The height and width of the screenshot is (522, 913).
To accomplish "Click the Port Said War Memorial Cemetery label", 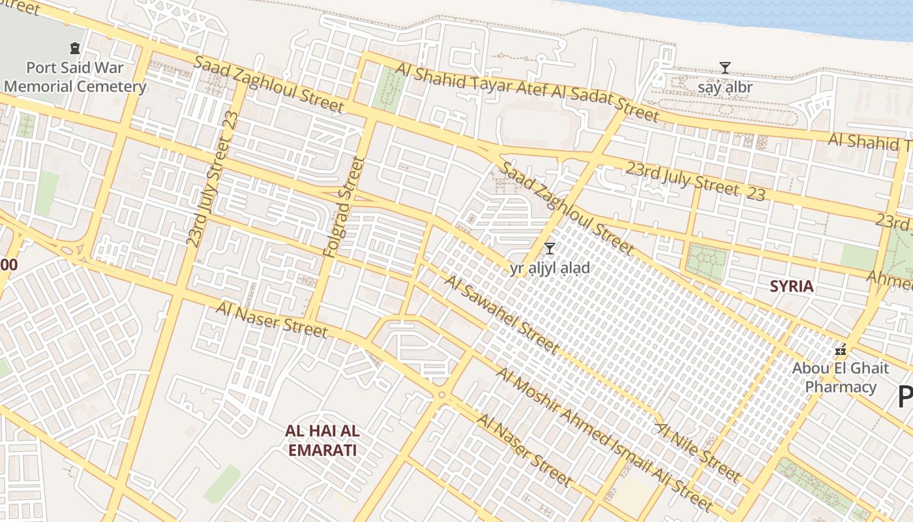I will point(75,77).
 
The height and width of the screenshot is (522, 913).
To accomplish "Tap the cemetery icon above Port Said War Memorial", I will point(74,48).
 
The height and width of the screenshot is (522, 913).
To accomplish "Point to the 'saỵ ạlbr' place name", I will point(725,87).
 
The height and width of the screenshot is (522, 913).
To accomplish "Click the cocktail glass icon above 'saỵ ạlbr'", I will point(725,67).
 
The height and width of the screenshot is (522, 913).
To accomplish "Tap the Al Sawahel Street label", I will point(501,315).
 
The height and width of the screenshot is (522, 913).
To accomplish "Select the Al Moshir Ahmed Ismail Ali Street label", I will point(604,438).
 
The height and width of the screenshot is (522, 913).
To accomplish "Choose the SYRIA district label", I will point(792,286).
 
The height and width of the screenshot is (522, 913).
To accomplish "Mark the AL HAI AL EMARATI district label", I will point(322,440).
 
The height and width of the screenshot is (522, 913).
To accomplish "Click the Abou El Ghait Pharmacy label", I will point(840,377).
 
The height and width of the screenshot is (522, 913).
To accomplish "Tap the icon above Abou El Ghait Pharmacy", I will point(841,350).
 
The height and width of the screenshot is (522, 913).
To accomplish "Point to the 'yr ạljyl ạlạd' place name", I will point(550,268).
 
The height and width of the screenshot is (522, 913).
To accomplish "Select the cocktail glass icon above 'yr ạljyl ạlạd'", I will point(550,248).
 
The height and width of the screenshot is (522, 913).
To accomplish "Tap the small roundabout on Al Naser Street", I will point(442,395).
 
